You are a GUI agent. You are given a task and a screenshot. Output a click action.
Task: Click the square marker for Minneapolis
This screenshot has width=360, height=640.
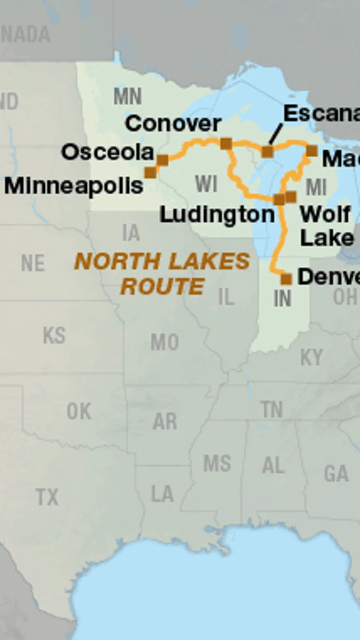point(150,172)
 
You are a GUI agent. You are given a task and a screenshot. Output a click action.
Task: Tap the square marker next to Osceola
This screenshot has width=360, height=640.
point(163,159)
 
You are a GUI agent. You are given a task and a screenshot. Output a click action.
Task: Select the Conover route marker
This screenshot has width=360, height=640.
point(226,143)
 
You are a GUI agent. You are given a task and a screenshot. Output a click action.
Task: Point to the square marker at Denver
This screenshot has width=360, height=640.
point(286,278)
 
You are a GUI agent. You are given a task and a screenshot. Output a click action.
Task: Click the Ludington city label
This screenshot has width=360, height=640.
point(217,215)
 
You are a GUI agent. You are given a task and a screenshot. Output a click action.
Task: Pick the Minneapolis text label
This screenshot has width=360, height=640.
point(74,186)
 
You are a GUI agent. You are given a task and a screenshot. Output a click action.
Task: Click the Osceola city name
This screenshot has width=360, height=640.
point(107,153)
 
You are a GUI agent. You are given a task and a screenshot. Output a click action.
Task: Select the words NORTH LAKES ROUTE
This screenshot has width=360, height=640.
point(162,274)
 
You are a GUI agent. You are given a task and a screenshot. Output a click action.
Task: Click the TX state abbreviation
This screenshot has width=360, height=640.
point(47,497)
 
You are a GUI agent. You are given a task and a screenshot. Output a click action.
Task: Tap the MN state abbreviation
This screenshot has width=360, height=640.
point(127,97)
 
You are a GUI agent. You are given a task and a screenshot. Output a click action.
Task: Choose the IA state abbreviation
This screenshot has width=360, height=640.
point(131,233)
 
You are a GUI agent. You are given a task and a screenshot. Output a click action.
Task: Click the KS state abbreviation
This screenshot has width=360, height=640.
point(54,335)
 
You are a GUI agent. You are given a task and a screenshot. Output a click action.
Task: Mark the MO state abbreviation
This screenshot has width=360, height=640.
point(164,342)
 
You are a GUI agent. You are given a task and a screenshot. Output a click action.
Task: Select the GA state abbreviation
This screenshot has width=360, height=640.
point(336,473)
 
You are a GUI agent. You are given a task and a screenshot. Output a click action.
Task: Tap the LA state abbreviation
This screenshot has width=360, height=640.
point(162,494)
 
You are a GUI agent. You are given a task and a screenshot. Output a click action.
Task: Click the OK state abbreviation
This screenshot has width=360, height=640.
point(79,411)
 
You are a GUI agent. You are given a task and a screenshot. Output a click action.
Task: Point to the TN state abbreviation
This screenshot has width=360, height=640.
point(272,410)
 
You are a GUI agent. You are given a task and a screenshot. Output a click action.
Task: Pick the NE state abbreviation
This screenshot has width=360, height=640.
point(33,263)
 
